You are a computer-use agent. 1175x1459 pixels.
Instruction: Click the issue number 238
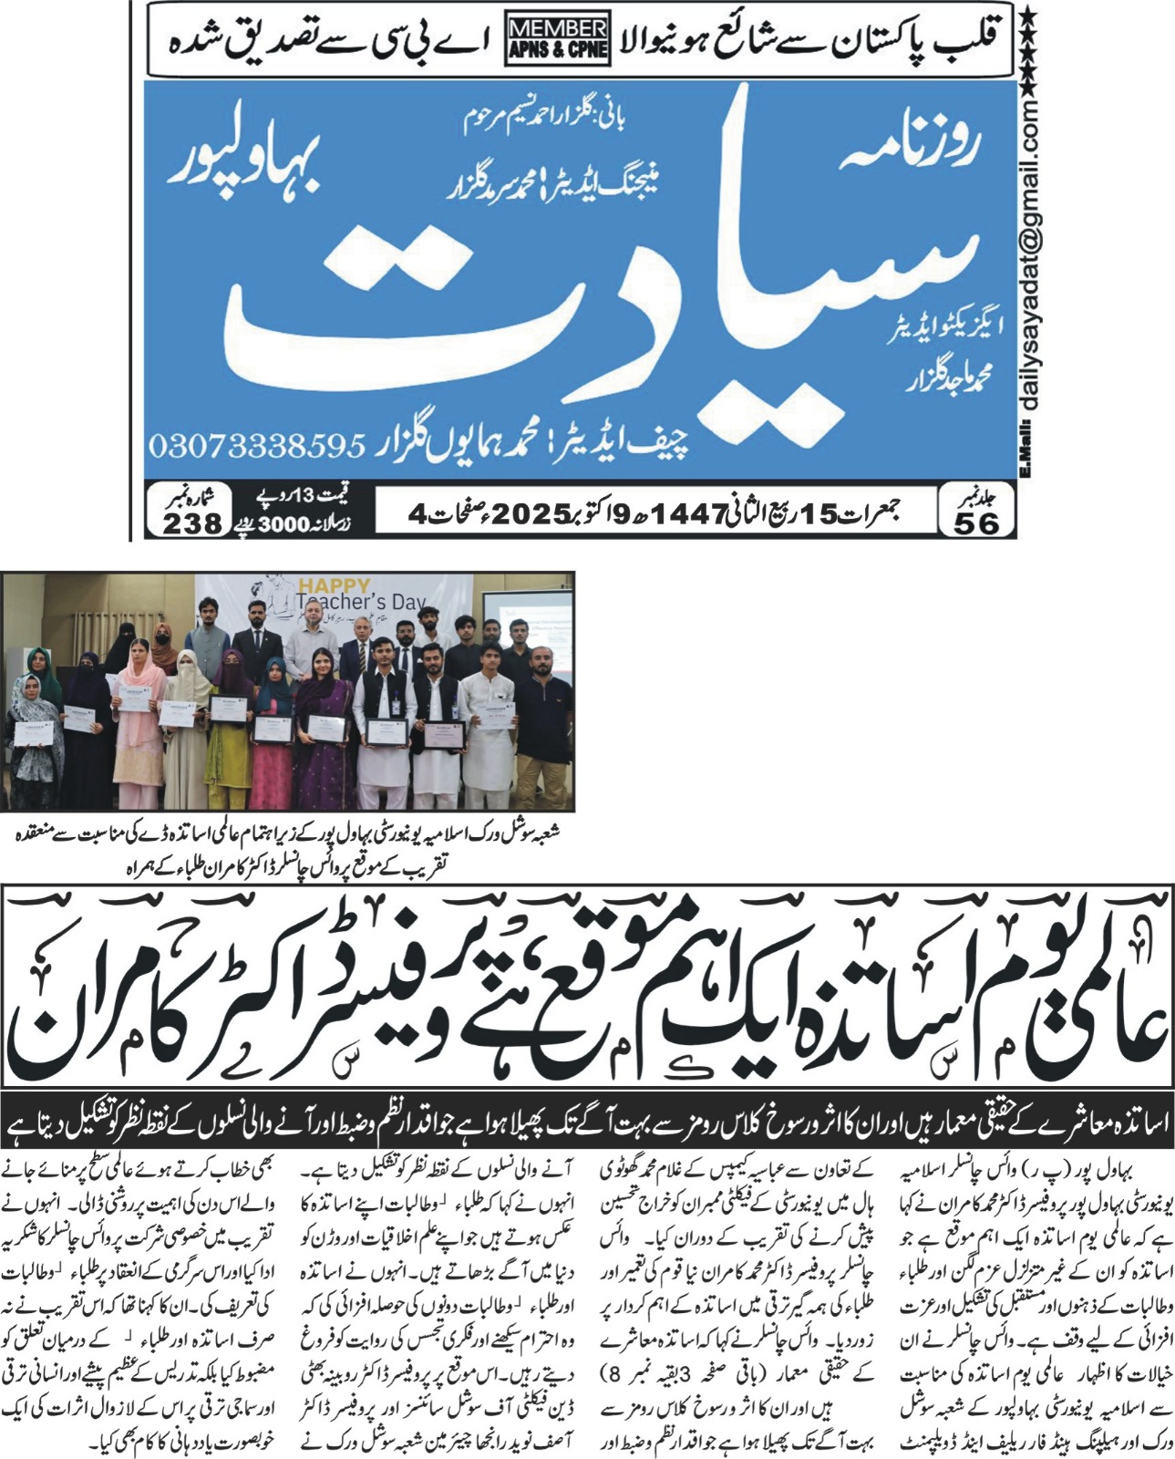click(192, 523)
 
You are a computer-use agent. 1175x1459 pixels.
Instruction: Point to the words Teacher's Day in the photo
click(361, 603)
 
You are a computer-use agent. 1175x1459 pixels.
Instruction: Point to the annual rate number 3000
click(288, 525)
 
